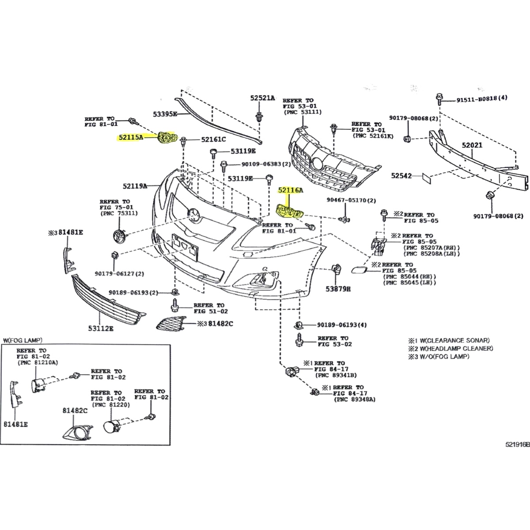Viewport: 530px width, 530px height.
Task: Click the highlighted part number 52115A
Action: [131, 137]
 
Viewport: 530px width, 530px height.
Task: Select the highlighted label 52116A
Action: [291, 190]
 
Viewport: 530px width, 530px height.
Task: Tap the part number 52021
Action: [472, 145]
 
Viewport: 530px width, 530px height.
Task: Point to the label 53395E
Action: [165, 114]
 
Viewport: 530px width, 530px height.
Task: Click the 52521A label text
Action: [262, 98]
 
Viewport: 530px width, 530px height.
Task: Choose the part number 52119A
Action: [135, 186]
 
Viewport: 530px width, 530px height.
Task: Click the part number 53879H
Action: [338, 289]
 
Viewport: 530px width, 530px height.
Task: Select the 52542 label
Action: [401, 176]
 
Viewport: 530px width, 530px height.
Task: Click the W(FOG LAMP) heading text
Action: [22, 340]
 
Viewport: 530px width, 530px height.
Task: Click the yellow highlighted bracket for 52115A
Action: [167, 138]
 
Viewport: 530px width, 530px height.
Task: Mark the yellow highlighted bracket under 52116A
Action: [289, 212]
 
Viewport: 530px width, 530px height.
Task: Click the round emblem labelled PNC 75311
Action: [119, 235]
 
